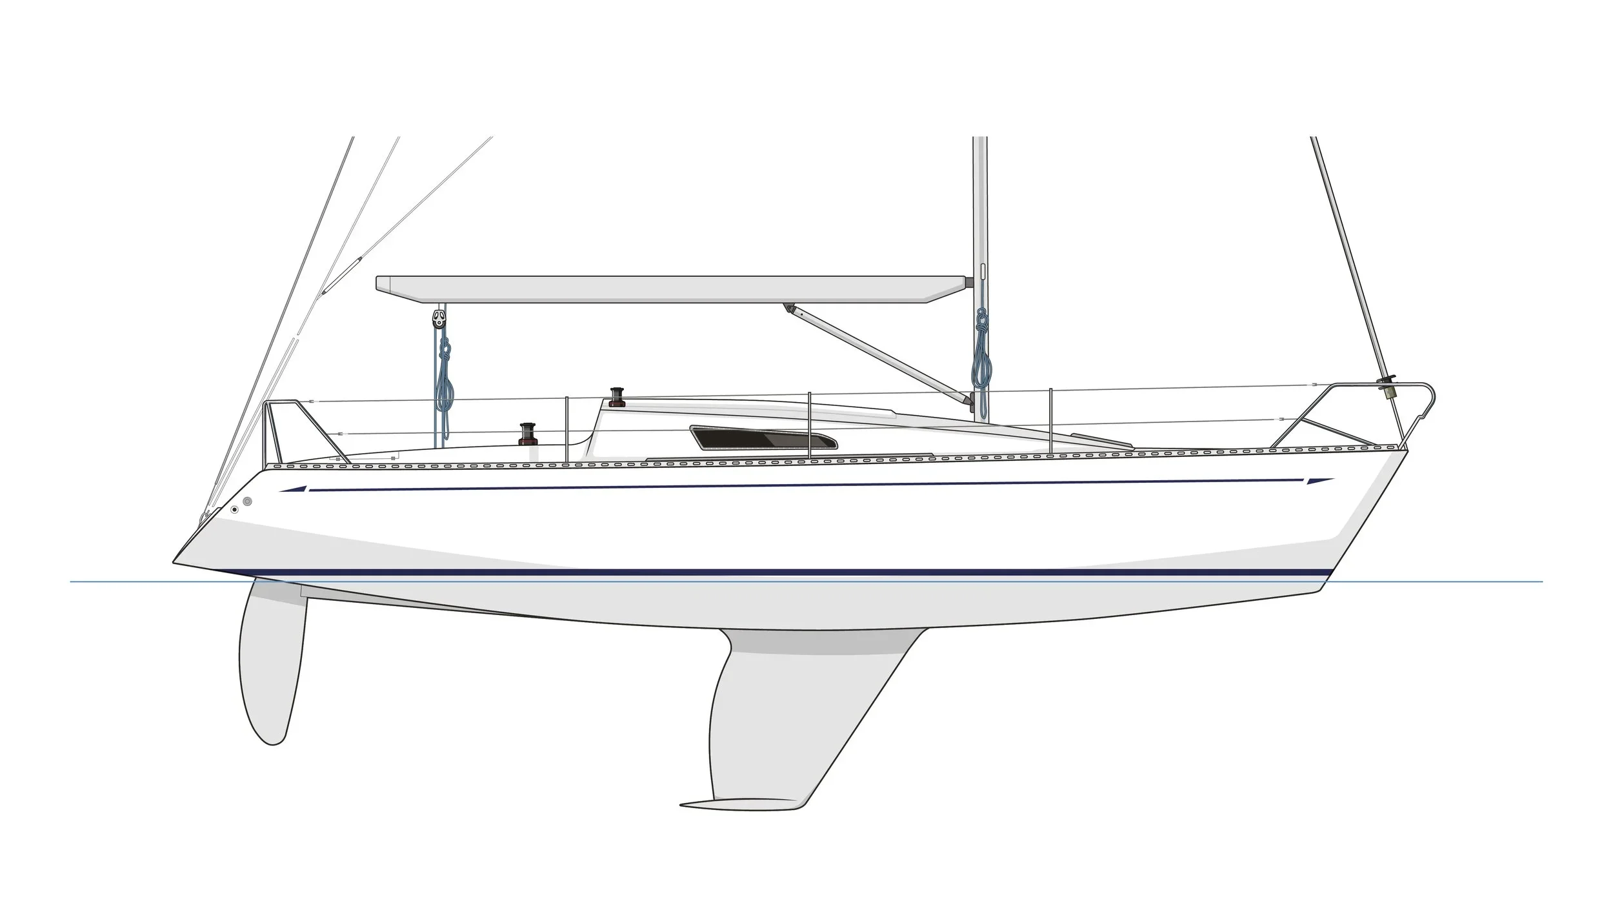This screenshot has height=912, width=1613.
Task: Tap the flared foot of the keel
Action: pos(742,804)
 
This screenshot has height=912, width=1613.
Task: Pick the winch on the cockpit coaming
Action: pos(528,433)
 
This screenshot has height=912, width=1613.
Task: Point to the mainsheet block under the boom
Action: pos(439,318)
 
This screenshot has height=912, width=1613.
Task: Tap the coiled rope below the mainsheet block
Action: pos(444,387)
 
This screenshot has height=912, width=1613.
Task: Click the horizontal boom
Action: pos(671,289)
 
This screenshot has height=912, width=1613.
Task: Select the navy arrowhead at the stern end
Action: pos(294,490)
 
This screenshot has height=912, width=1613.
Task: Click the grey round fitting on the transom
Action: pos(248,502)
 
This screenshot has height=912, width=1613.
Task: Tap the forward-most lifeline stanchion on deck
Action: pos(1051,420)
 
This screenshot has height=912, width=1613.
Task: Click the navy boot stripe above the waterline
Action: pos(774,572)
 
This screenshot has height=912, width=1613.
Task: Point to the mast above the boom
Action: pos(979,207)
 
